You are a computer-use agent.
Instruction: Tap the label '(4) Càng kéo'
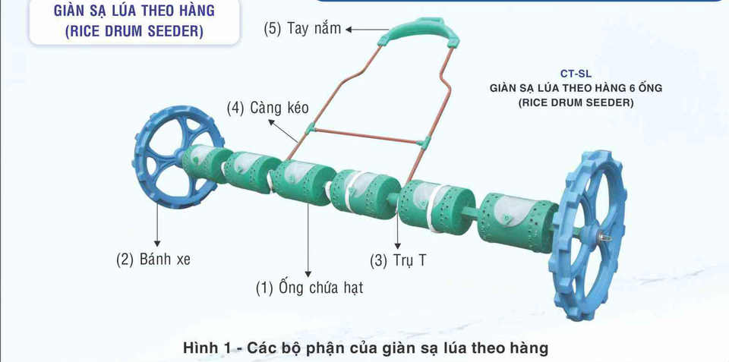pyautogui.click(x=264, y=108)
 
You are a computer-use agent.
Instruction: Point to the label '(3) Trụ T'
pyautogui.click(x=399, y=260)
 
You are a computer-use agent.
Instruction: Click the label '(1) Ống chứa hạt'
pyautogui.click(x=309, y=288)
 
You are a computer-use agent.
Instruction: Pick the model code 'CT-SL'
pyautogui.click(x=576, y=74)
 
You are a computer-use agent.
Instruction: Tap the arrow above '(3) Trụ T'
pyautogui.click(x=397, y=228)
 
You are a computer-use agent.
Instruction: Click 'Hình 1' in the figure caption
pyautogui.click(x=205, y=348)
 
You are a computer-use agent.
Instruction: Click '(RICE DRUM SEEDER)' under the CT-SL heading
pyautogui.click(x=576, y=102)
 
